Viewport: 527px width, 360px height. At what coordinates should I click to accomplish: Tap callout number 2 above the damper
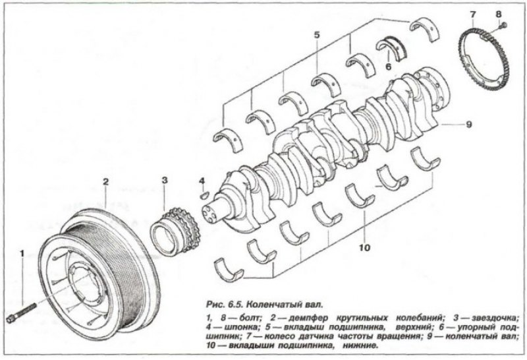pos(105,180)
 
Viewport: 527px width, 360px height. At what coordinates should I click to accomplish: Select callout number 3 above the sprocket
pos(165,179)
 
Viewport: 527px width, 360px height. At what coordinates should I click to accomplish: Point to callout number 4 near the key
pos(202,180)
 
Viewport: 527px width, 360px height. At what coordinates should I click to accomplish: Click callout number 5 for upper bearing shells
pos(316,34)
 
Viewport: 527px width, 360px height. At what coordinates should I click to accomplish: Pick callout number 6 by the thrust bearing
pos(389,66)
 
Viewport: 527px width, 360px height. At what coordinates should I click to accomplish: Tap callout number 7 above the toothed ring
pos(473,14)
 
